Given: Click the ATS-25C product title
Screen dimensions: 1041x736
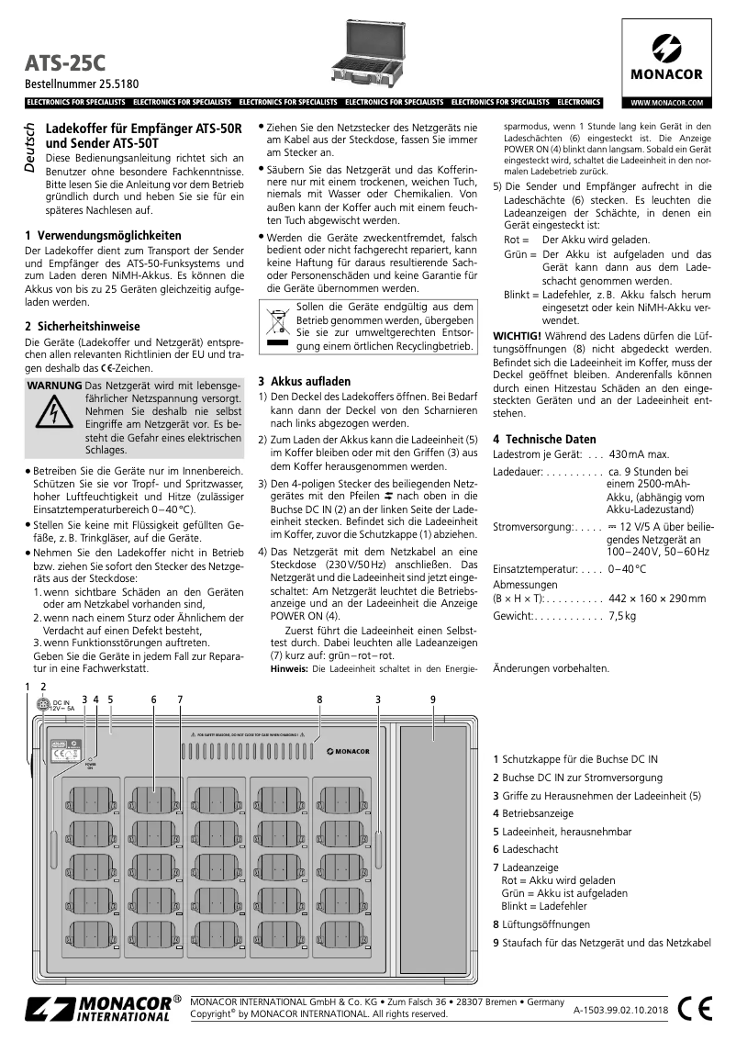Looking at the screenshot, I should (x=65, y=62).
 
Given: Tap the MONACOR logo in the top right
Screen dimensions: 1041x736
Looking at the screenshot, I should (x=666, y=57).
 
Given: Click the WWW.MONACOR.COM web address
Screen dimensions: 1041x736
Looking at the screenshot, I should (x=666, y=103).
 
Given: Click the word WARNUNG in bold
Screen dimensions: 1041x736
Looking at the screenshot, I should (x=55, y=386).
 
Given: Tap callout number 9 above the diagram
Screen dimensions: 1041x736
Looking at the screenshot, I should (x=433, y=700).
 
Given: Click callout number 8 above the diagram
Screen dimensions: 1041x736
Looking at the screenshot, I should (x=319, y=700).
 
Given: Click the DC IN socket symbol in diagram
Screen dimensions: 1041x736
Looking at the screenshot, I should (x=41, y=705).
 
